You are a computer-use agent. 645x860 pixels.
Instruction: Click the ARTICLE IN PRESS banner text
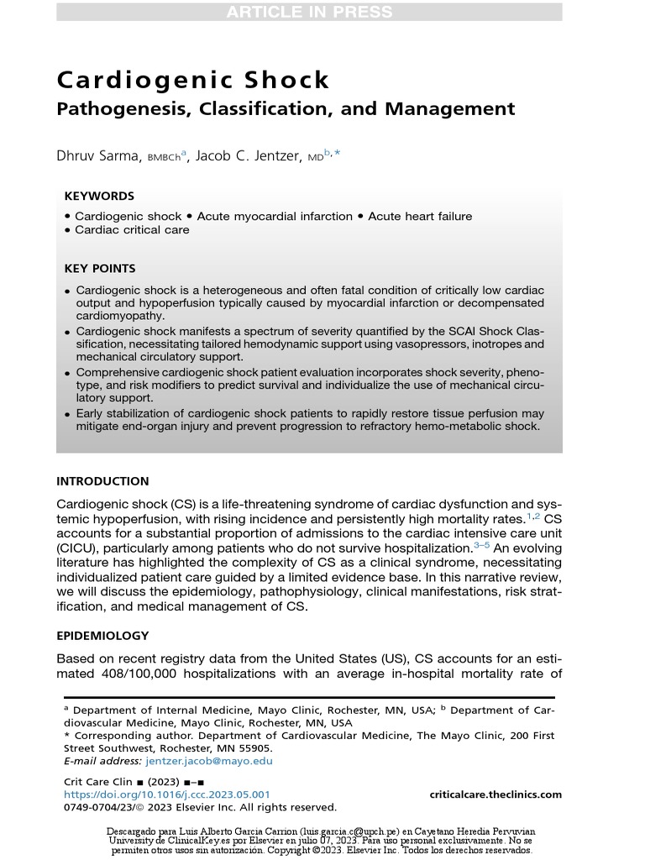coord(308,12)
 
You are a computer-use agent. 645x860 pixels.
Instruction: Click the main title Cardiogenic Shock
coord(193,80)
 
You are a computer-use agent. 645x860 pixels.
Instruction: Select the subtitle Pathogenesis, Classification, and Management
coord(286,108)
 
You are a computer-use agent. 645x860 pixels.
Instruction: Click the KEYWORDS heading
coord(99,196)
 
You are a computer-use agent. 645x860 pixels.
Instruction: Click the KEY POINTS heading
coord(100,269)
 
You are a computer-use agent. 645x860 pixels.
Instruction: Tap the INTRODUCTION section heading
coord(102,481)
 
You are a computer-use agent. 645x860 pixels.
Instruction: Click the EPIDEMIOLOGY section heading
coord(102,636)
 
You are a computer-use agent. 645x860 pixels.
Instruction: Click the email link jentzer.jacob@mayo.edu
coord(209,761)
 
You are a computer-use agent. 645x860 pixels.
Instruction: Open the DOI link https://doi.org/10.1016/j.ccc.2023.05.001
coord(167,794)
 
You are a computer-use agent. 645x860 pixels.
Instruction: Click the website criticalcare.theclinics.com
coord(496,794)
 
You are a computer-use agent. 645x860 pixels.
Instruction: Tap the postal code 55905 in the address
coord(253,747)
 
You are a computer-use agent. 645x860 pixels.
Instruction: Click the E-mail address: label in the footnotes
coord(102,761)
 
